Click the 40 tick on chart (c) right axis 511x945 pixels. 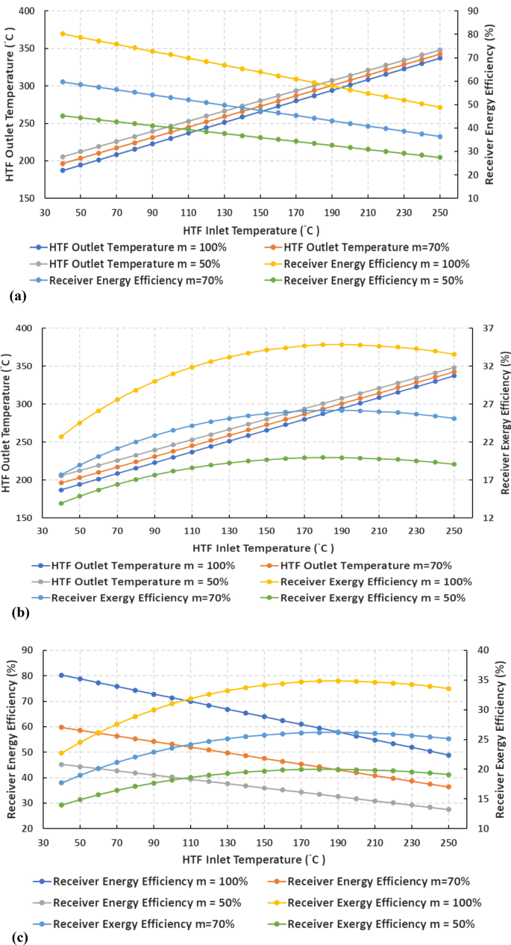coord(475,650)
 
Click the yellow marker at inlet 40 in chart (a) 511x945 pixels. coord(63,34)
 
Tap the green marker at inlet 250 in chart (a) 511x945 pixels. coord(440,157)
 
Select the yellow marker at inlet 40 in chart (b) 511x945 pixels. coord(63,437)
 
